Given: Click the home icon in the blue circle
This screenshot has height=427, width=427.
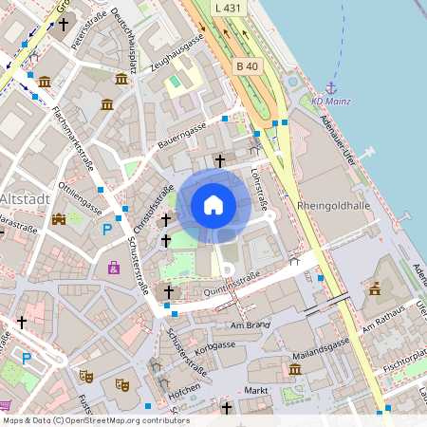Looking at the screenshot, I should [x=213, y=204].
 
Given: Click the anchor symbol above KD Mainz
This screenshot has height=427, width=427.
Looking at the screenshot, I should [x=331, y=87].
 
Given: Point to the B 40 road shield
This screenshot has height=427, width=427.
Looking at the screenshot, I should [x=246, y=65].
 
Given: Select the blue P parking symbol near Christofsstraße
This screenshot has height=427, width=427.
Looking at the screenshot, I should [x=107, y=229].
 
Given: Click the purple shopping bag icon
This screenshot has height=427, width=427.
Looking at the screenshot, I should [x=114, y=269].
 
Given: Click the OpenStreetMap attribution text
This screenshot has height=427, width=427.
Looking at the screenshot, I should [x=96, y=420].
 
